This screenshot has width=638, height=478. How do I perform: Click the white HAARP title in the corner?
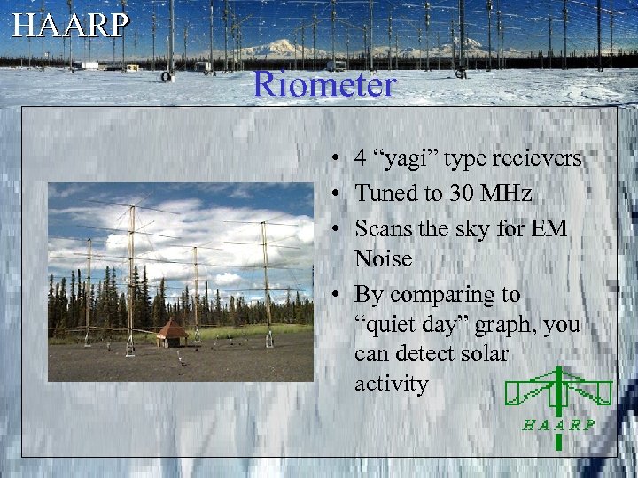[x=70, y=24]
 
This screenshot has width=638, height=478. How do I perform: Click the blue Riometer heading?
[x=323, y=85]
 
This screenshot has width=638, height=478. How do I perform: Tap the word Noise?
[x=384, y=258]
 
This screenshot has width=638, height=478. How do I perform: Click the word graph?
[x=508, y=326]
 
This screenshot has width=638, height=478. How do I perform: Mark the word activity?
[x=391, y=384]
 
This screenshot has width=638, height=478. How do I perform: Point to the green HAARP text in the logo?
[x=558, y=424]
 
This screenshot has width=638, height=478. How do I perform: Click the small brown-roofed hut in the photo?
[x=172, y=333]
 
